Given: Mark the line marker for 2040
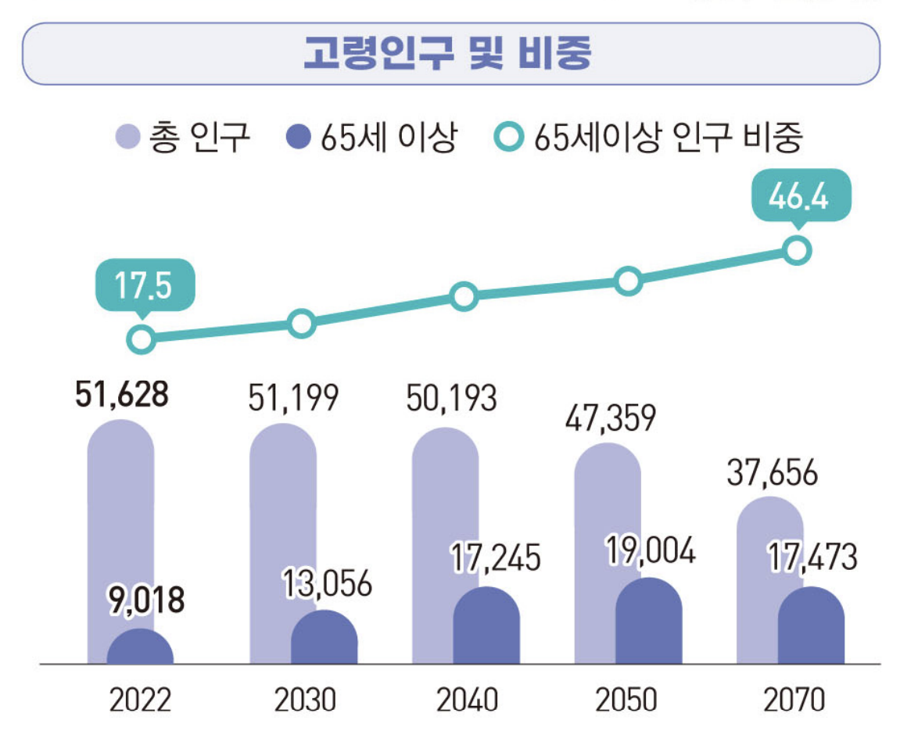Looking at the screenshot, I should [x=464, y=296].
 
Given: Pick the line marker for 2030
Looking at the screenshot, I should [x=301, y=323].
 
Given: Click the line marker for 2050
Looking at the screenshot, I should [x=628, y=281].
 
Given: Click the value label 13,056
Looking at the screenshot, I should [x=327, y=584].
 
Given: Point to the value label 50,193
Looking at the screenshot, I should [x=451, y=399].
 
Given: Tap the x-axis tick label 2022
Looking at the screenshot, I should [x=141, y=700].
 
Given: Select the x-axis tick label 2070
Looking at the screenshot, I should [x=794, y=700].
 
